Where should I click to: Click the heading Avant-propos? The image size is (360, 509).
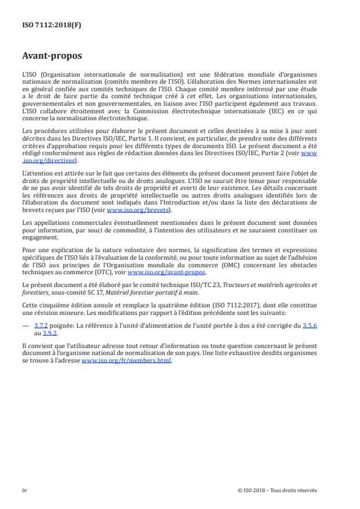[52, 56]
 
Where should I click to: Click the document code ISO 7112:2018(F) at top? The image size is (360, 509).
[48, 25]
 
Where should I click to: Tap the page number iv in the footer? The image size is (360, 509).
[24, 490]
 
